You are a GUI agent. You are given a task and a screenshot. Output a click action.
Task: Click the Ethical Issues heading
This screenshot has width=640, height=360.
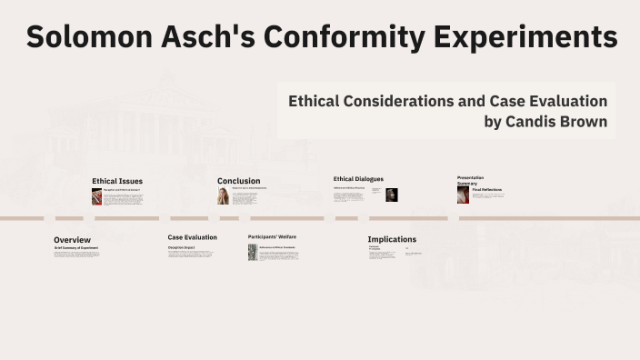pyautogui.click(x=117, y=181)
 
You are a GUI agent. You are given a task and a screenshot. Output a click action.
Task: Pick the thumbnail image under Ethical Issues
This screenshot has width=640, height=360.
pyautogui.click(x=96, y=196)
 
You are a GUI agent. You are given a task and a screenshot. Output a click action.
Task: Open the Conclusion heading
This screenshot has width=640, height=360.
pyautogui.click(x=239, y=181)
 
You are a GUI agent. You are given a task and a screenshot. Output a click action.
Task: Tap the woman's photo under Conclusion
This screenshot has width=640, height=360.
pyautogui.click(x=223, y=195)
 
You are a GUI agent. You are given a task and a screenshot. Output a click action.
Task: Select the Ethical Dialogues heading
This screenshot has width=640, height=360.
pyautogui.click(x=358, y=179)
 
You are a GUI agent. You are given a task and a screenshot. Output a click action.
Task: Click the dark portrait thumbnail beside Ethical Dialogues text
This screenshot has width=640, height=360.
pyautogui.click(x=392, y=195)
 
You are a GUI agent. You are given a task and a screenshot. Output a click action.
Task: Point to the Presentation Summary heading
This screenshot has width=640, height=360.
pyautogui.click(x=470, y=180)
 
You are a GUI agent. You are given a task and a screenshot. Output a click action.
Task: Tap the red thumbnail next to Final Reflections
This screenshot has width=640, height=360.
pyautogui.click(x=463, y=195)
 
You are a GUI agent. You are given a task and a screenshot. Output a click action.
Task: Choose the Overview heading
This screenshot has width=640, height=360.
pyautogui.click(x=72, y=240)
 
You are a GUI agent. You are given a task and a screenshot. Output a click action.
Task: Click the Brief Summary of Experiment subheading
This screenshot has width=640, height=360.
pyautogui.click(x=76, y=247)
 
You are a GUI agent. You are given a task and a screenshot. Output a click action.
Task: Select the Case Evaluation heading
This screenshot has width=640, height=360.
pyautogui.click(x=192, y=237)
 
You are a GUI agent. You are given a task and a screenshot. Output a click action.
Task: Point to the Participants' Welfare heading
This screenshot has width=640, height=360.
pyautogui.click(x=272, y=237)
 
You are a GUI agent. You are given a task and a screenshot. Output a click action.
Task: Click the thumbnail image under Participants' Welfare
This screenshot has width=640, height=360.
pyautogui.click(x=253, y=253)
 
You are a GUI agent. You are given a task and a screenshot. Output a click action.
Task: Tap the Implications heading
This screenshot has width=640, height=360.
pyautogui.click(x=392, y=239)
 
